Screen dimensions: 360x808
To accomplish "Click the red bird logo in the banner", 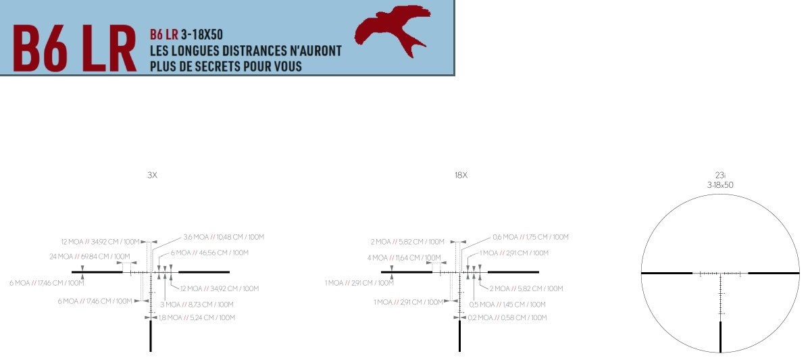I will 393,31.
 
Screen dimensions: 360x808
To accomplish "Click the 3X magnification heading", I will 152,175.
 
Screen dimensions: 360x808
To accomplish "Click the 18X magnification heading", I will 461,175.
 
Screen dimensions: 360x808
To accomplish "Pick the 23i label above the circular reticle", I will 721,174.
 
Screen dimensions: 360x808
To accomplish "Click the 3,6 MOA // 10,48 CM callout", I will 223,237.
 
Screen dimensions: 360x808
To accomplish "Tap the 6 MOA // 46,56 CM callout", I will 209,253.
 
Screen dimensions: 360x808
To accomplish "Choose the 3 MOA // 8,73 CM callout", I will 197,305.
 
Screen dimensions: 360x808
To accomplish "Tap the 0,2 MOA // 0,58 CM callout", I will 507,317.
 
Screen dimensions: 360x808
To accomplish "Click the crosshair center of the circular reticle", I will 721,274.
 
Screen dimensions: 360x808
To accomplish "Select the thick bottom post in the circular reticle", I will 721,336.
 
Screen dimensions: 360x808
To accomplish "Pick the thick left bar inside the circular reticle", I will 667,274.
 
